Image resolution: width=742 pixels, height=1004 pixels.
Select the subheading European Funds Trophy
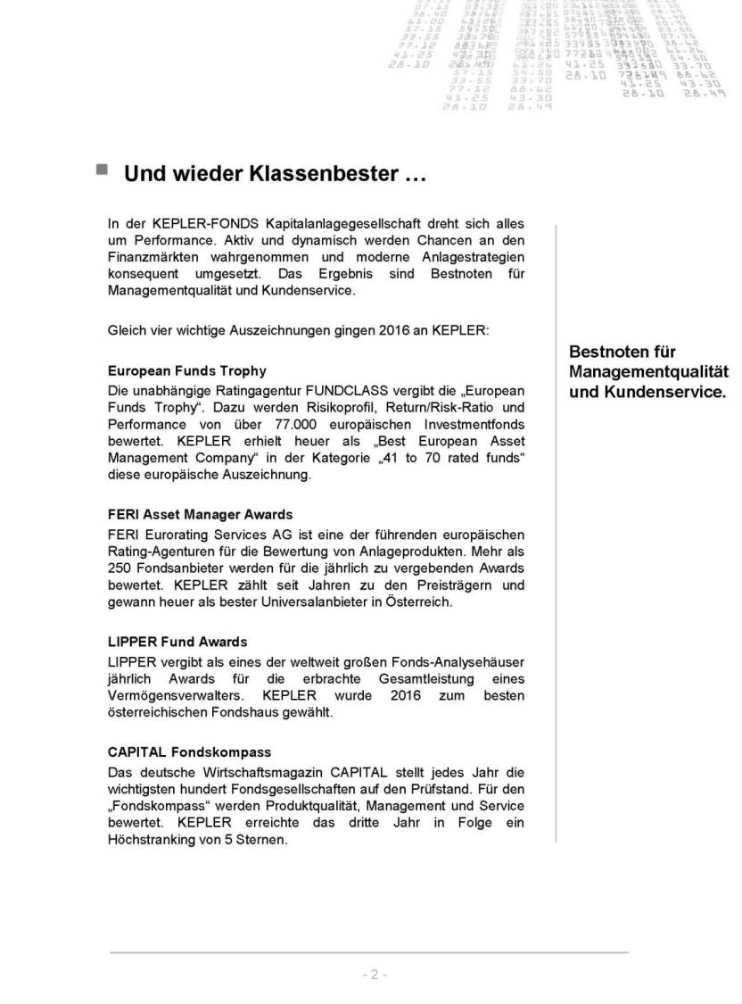tap(186, 370)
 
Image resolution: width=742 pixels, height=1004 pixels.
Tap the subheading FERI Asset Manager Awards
tap(200, 515)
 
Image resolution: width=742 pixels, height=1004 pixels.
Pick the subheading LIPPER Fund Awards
tap(177, 642)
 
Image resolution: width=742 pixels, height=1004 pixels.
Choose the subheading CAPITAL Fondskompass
tap(189, 752)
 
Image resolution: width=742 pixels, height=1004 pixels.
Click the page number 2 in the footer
tap(375, 975)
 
